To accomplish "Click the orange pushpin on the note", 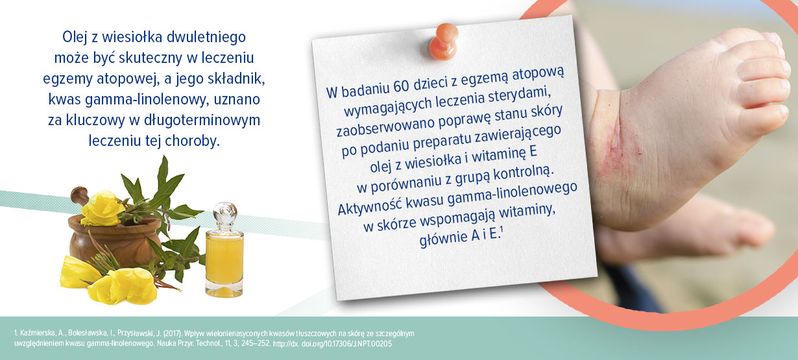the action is [443, 41].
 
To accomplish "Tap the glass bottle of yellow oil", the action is [224, 251].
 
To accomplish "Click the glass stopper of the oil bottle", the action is [224, 213].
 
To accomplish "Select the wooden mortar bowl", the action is [115, 242].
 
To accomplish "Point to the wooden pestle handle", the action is [80, 196].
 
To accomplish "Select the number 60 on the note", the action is [402, 87].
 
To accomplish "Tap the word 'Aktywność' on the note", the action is [369, 206].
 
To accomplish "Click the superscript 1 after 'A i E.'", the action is [502, 231].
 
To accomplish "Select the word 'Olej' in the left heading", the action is [75, 38].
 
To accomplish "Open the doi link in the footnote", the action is [332, 344].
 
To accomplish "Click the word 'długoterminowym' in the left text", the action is [202, 121].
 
